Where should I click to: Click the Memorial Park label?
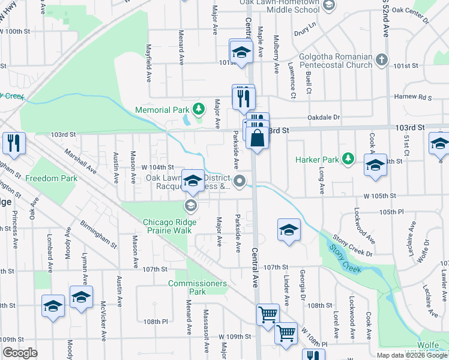[x=163, y=110]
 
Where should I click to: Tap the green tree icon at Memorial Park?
[x=199, y=109]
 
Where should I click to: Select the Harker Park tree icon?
[x=348, y=159]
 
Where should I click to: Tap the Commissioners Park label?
[x=197, y=287]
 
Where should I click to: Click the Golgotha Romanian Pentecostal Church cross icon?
[x=381, y=60]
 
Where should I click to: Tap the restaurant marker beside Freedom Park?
[x=14, y=143]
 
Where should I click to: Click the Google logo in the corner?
[x=20, y=353]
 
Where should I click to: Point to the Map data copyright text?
[x=412, y=355]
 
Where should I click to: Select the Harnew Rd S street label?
[x=412, y=97]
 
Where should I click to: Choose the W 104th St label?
[x=157, y=167]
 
